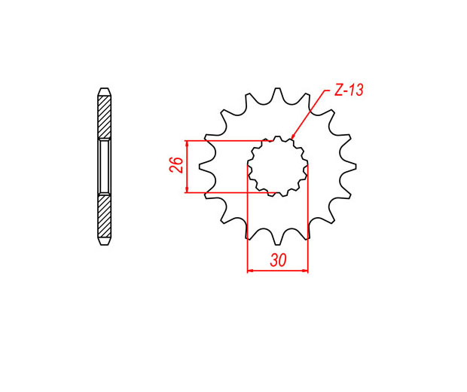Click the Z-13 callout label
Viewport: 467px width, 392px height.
349,90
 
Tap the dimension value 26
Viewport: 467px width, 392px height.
176,164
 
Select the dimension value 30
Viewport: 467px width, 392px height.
278,260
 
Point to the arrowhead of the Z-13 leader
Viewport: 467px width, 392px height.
292,137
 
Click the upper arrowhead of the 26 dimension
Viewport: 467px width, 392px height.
187,144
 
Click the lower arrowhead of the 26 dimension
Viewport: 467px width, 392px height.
187,189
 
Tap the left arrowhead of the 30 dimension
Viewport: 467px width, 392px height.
251,271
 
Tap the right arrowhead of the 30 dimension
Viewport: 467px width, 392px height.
305,271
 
